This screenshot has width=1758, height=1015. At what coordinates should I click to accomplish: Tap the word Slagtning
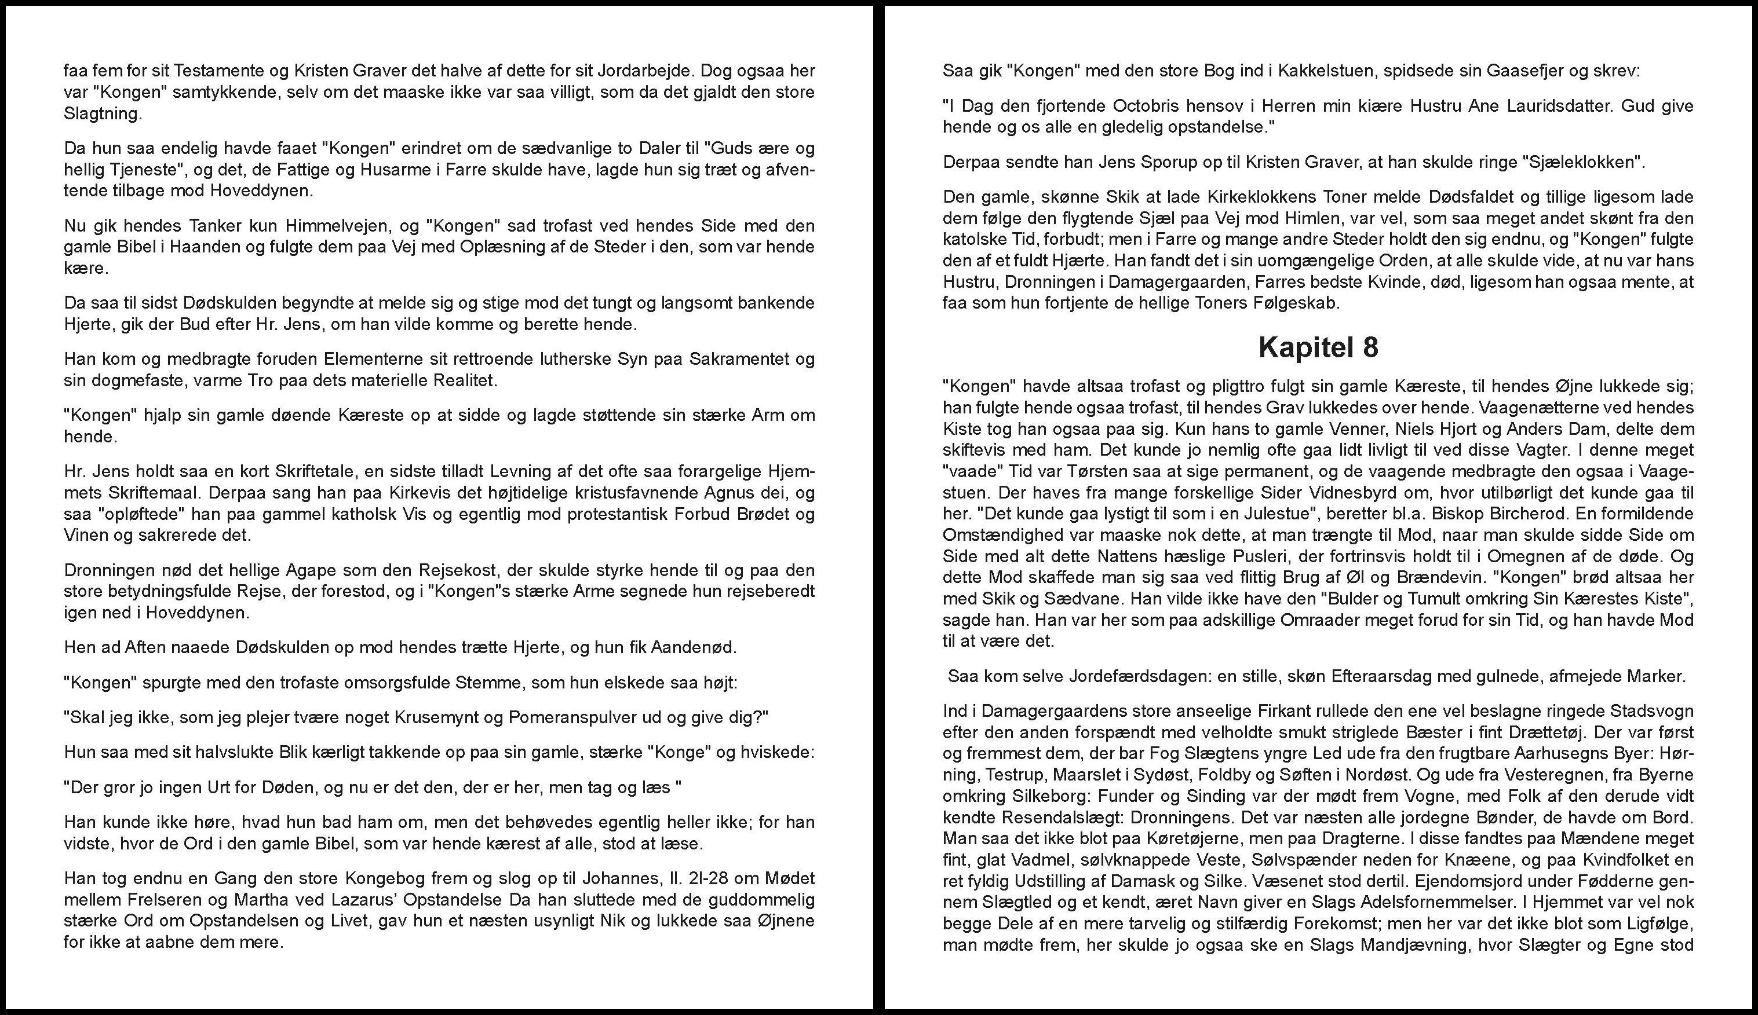101,113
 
